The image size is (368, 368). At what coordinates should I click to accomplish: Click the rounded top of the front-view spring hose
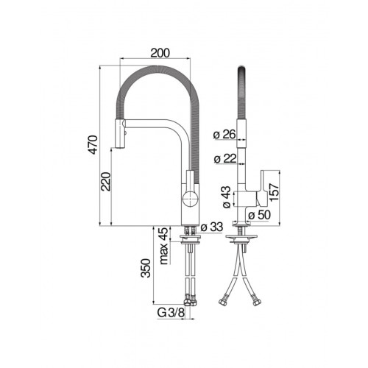240,74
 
